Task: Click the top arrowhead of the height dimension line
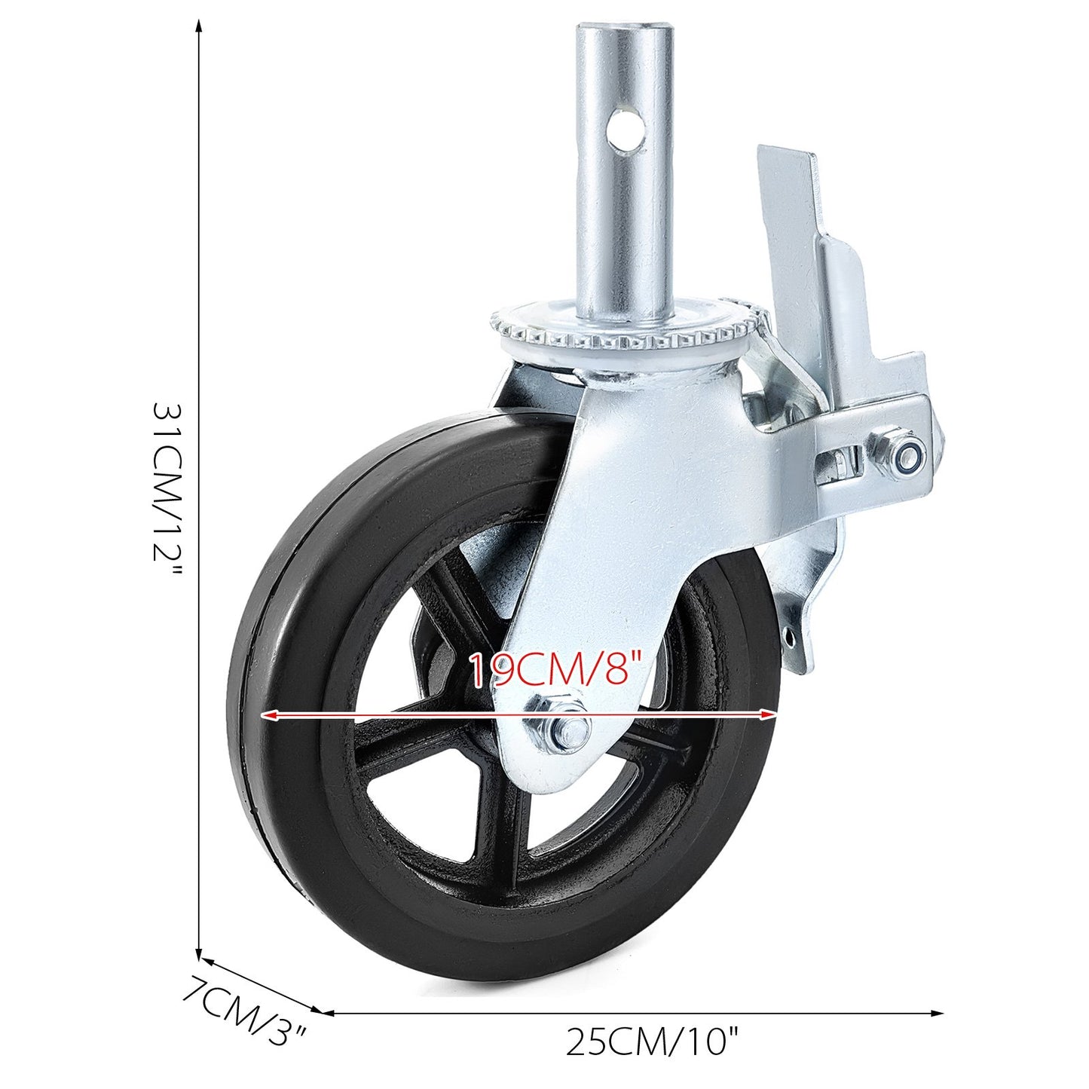tap(199, 27)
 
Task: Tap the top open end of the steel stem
tap(623, 30)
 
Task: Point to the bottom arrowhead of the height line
tap(199, 953)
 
